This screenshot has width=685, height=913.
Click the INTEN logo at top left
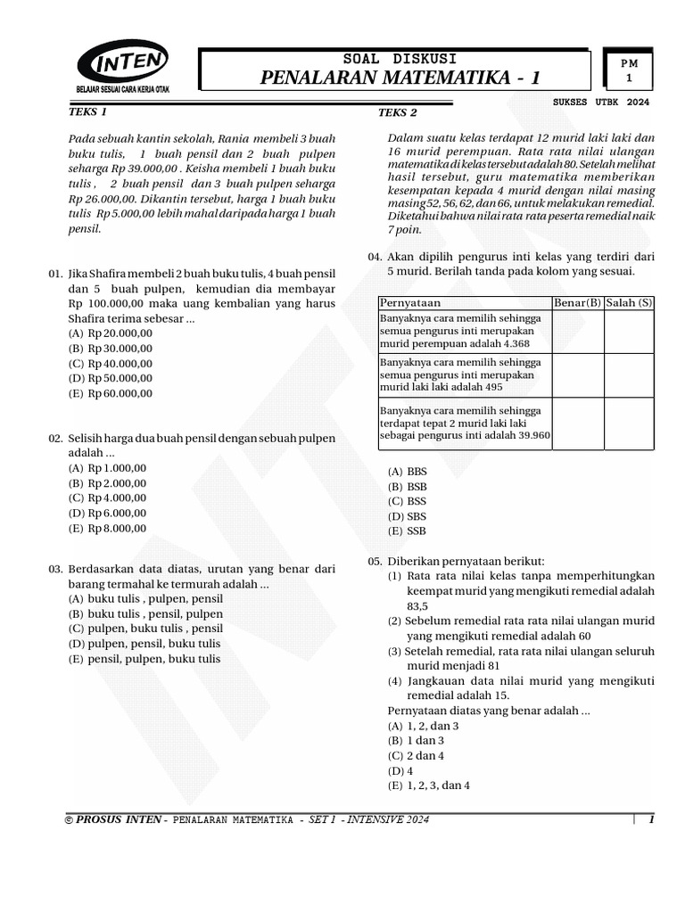click(124, 67)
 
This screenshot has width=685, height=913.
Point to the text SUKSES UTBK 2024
click(602, 103)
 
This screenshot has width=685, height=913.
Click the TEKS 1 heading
click(88, 112)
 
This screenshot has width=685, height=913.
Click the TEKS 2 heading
click(398, 112)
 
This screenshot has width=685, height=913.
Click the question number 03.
click(54, 568)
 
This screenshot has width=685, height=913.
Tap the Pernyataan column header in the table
click(410, 303)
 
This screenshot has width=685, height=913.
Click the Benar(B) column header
click(578, 303)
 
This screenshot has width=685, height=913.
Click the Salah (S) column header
click(629, 303)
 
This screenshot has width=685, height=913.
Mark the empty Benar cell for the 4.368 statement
click(578, 332)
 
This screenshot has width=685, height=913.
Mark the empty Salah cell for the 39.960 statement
click(629, 424)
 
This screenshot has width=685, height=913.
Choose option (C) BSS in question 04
click(407, 501)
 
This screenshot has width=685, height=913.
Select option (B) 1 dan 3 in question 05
click(410, 740)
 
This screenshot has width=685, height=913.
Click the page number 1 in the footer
click(651, 819)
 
